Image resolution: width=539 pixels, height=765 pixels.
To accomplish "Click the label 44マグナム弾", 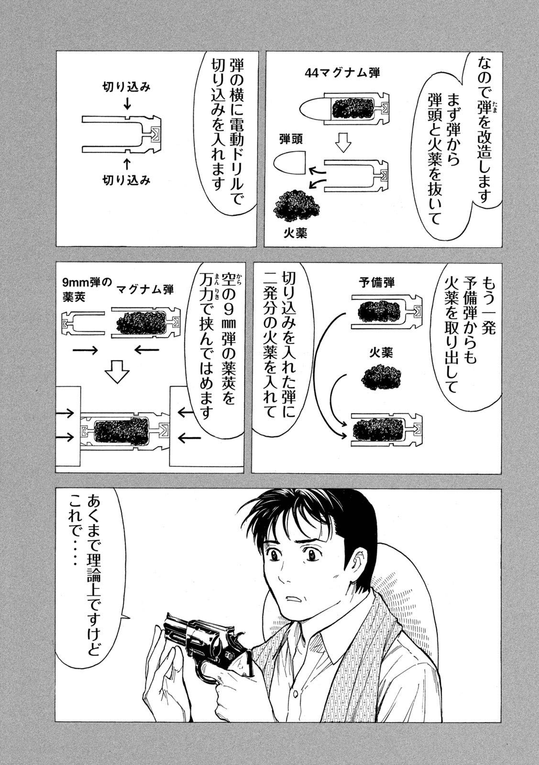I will point(343,73).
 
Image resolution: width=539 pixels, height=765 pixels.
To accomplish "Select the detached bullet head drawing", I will point(290,163).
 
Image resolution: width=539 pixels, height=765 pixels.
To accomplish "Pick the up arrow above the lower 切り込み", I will point(127,164).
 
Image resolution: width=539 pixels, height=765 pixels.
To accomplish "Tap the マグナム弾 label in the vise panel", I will point(145,289).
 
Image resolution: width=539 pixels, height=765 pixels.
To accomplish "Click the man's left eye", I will point(315,555).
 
